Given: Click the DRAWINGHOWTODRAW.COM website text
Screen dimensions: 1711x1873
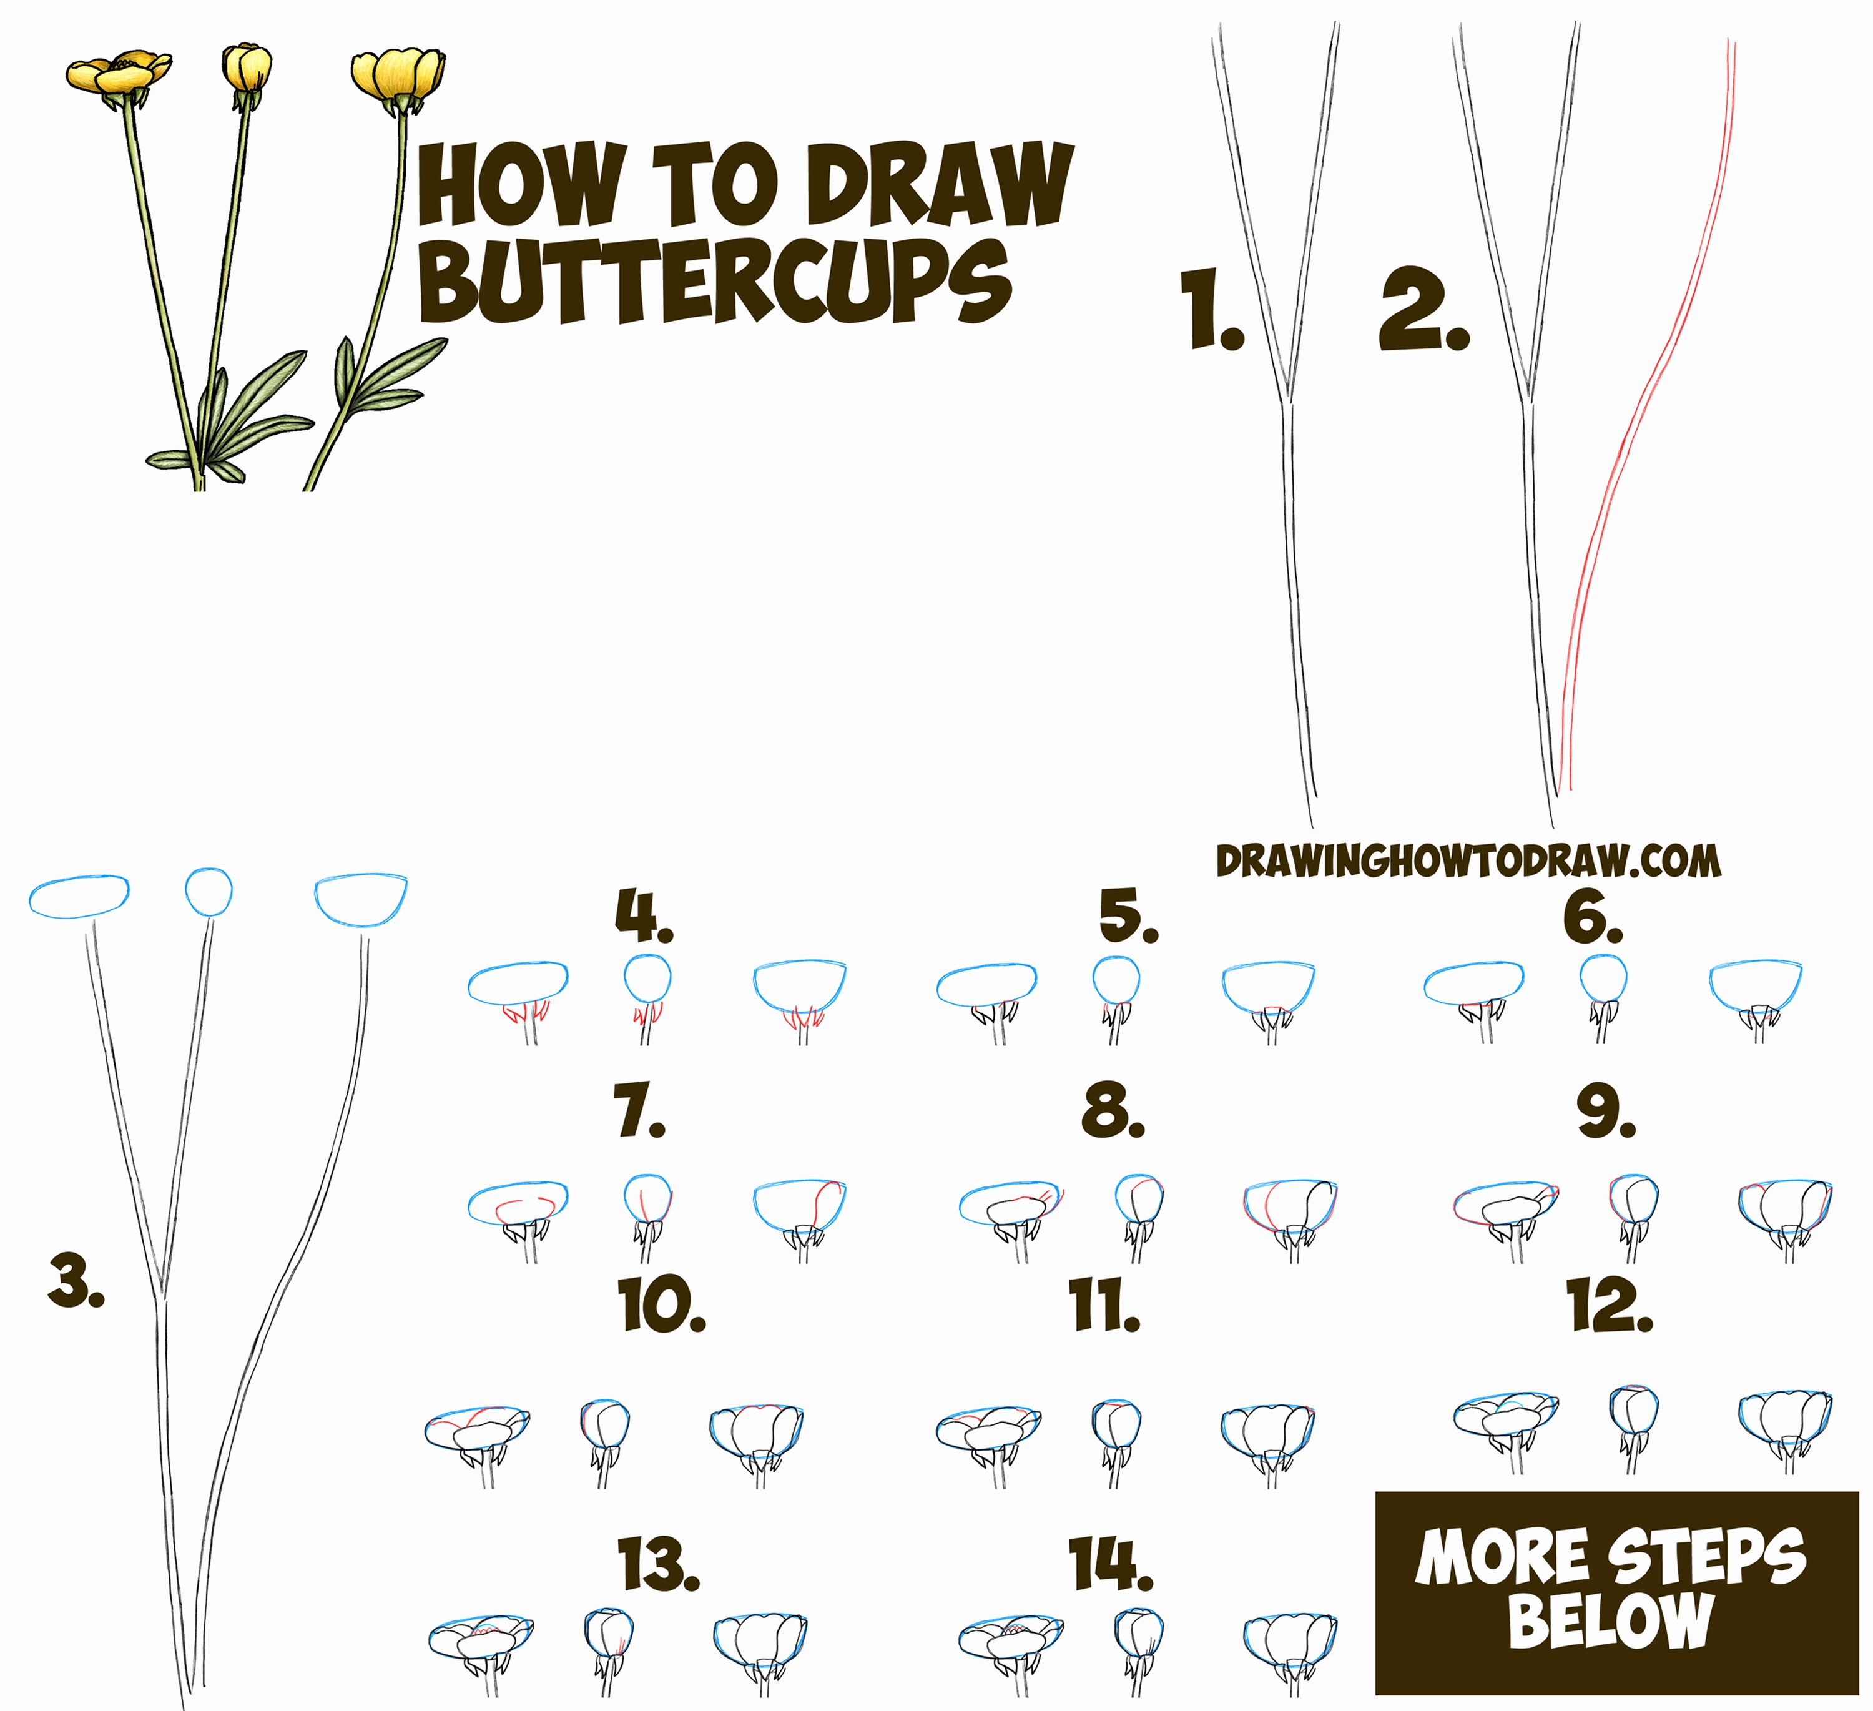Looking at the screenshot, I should pyautogui.click(x=1468, y=862).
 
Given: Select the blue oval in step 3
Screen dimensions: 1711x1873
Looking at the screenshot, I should pyautogui.click(x=79, y=897).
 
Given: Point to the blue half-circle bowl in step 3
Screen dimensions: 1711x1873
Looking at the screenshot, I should pyautogui.click(x=360, y=900).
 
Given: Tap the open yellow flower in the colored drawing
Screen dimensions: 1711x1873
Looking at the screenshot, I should pyautogui.click(x=118, y=72).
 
